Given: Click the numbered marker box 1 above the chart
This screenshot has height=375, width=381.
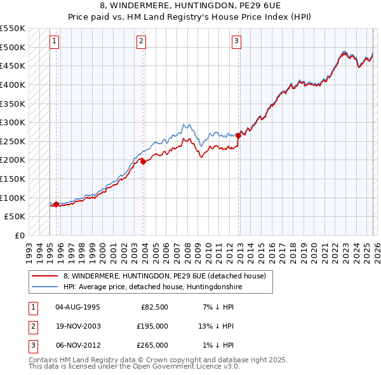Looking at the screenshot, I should [x=55, y=42].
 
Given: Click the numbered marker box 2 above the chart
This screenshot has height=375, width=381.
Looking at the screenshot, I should [x=141, y=42].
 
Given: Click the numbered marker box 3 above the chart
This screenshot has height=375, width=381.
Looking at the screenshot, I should [x=236, y=42].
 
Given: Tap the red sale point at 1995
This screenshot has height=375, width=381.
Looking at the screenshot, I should [x=56, y=204].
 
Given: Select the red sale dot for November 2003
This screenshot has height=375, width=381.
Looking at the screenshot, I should [x=144, y=161].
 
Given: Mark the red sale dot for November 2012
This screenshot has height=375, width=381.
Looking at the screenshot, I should [x=238, y=135].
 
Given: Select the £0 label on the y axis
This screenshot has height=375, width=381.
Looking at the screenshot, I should [x=19, y=235].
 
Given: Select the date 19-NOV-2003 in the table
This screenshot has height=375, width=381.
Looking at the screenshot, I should [x=78, y=326].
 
